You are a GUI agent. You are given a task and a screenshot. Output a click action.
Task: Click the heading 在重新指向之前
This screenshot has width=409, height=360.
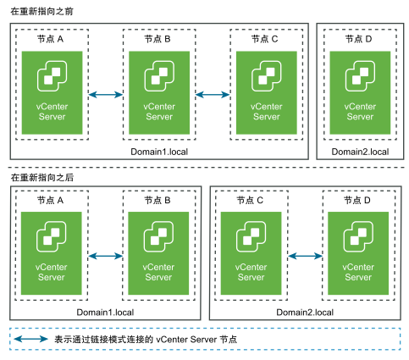coord(41,11)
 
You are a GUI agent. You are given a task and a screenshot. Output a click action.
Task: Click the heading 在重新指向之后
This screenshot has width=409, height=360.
coord(42,177)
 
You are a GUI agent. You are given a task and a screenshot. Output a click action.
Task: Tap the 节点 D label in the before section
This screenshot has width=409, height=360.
coord(358,39)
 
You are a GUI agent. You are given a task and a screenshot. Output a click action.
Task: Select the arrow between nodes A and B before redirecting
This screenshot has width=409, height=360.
coord(106,95)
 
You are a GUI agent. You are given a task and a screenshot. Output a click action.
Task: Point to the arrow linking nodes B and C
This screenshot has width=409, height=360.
coord(213,95)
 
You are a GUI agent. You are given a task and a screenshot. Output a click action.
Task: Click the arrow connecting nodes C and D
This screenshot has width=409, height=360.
coord(305,256)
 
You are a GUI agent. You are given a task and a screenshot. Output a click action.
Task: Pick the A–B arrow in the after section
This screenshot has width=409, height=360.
coord(106,256)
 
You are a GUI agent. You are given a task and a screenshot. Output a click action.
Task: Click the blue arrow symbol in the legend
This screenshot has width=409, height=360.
coord(31,339)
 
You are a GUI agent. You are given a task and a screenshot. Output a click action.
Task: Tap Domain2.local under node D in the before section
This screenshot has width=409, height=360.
coord(360,152)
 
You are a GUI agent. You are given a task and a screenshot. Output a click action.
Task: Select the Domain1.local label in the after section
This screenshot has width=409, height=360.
coord(105,313)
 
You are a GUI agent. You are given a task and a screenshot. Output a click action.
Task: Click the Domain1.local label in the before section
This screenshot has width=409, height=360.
coord(159,152)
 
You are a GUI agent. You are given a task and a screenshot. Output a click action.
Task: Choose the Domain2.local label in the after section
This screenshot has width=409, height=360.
coord(305,313)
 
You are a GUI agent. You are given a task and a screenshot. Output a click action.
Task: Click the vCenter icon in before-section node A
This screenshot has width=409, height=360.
coord(52,76)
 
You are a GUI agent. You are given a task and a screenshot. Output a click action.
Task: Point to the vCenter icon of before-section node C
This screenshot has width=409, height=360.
coord(267,76)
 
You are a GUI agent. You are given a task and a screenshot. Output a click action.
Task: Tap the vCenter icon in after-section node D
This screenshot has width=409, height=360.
coord(358,236)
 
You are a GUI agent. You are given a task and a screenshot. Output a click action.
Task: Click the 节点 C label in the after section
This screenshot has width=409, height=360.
coord(250,200)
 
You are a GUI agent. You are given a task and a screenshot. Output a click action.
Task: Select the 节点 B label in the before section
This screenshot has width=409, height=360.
coord(158,39)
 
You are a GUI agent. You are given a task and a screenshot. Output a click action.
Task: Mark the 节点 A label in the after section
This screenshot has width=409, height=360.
coord(50,200)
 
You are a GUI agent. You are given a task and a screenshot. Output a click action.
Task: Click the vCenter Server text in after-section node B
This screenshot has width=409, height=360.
coord(158,272)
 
